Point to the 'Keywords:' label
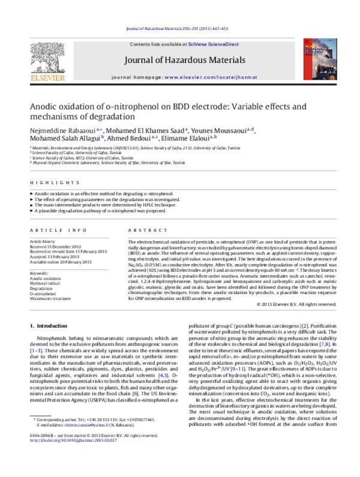(40, 273)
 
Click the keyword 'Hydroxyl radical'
(47, 283)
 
